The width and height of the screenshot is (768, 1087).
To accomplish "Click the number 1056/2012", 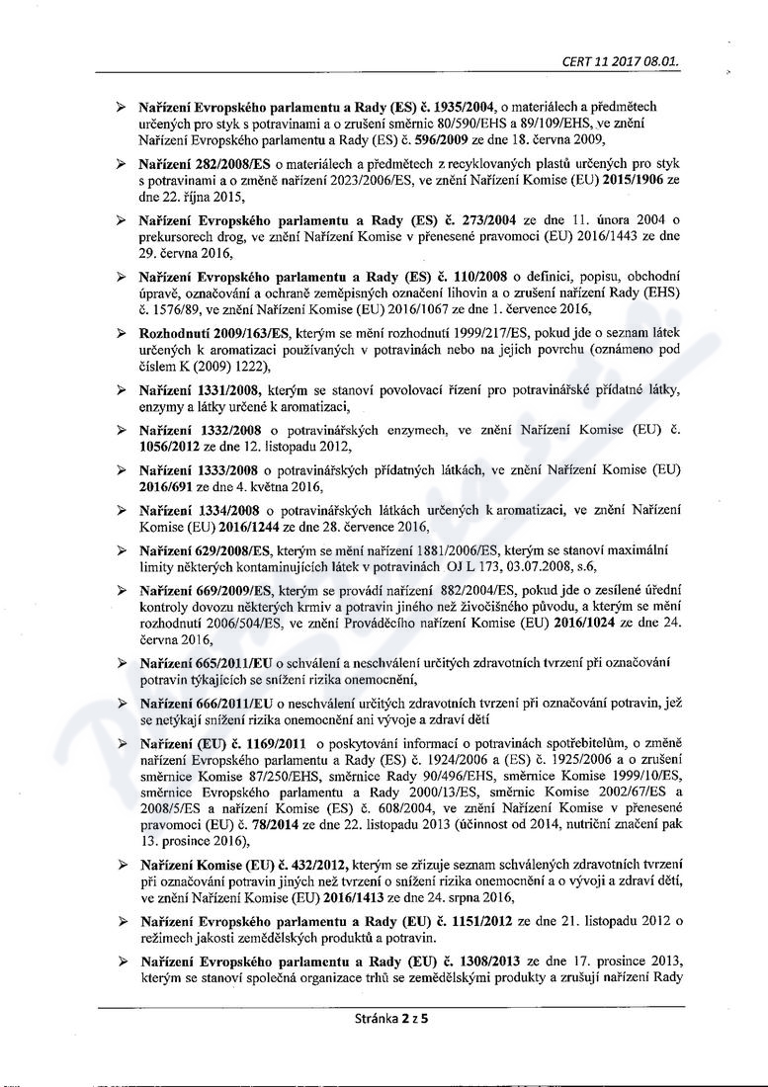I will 175,446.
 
